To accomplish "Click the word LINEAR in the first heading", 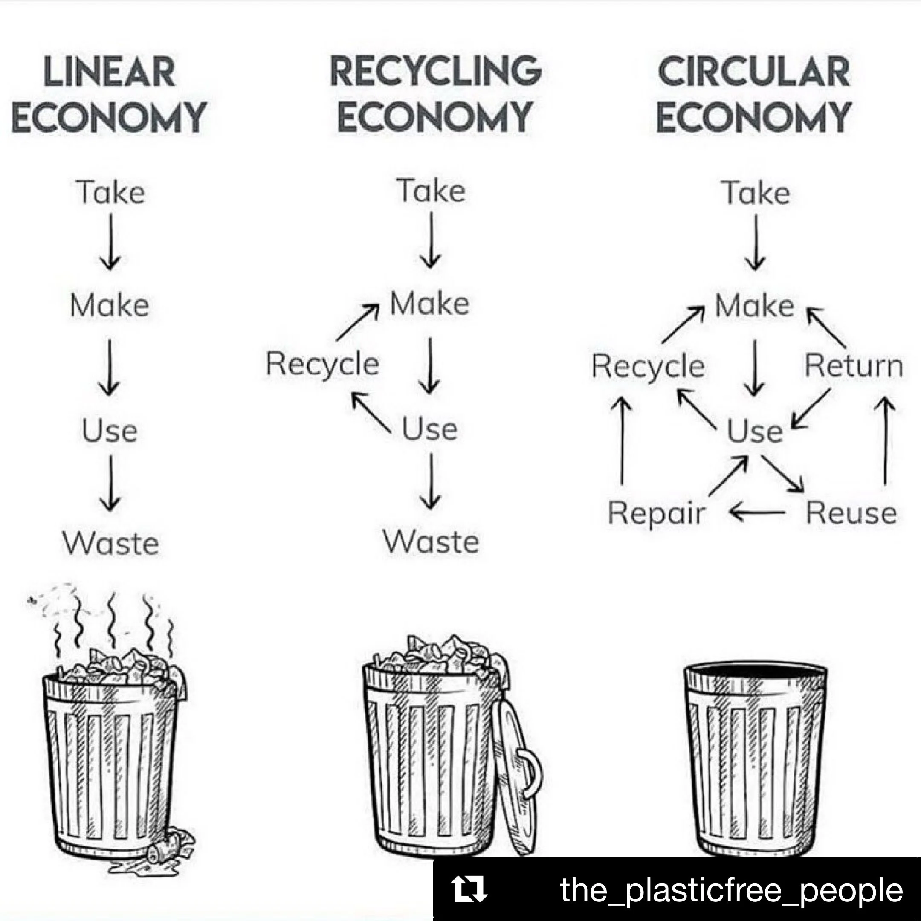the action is click(x=109, y=72).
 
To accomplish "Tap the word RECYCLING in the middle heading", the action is click(x=436, y=71).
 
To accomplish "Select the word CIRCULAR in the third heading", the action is click(x=754, y=72).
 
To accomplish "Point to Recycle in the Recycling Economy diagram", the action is click(x=322, y=364).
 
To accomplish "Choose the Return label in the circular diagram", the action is click(x=854, y=366).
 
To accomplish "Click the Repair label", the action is click(x=657, y=513).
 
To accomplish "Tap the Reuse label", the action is click(x=851, y=513).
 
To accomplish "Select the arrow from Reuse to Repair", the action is click(x=757, y=513).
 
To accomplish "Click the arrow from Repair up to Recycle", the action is click(x=622, y=441).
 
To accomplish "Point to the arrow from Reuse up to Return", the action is click(x=885, y=441).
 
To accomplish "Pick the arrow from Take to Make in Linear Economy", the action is click(x=110, y=241).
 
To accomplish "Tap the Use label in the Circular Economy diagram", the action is click(x=755, y=431).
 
